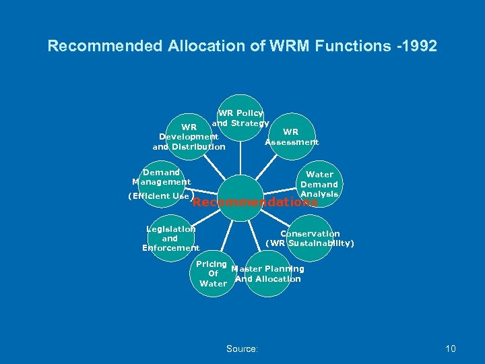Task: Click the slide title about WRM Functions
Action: click(x=242, y=47)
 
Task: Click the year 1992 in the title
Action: click(x=418, y=47)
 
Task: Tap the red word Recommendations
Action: click(x=255, y=202)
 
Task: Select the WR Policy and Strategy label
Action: click(x=240, y=118)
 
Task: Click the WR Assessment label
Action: click(x=291, y=137)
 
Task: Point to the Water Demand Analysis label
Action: click(x=319, y=184)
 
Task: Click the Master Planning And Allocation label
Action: click(x=267, y=274)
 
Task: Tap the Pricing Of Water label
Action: click(x=213, y=274)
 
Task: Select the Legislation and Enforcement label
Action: click(x=170, y=239)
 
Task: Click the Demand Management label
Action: click(x=161, y=177)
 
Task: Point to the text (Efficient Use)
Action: click(x=158, y=196)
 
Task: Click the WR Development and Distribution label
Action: click(x=189, y=137)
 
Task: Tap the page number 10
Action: click(x=450, y=348)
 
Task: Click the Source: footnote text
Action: click(x=242, y=348)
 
